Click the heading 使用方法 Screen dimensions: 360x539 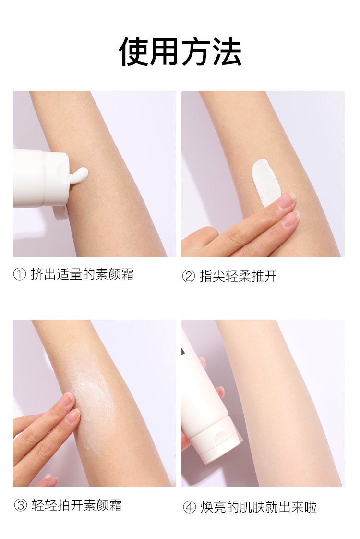tap(180, 51)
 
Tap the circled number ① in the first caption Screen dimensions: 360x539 tap(20, 274)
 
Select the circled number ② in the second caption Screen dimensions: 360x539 tap(188, 276)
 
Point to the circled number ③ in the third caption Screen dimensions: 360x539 tap(20, 505)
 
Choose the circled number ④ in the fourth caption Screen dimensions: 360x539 tap(189, 507)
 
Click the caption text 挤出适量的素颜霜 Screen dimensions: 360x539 tap(82, 274)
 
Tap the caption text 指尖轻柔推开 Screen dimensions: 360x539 tap(238, 276)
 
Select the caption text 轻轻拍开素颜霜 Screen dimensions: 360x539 tap(77, 505)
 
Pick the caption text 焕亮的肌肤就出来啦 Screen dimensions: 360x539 tap(259, 507)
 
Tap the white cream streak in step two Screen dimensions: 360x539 tap(265, 182)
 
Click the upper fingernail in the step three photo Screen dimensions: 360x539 tap(67, 400)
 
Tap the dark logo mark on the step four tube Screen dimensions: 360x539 tap(183, 351)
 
